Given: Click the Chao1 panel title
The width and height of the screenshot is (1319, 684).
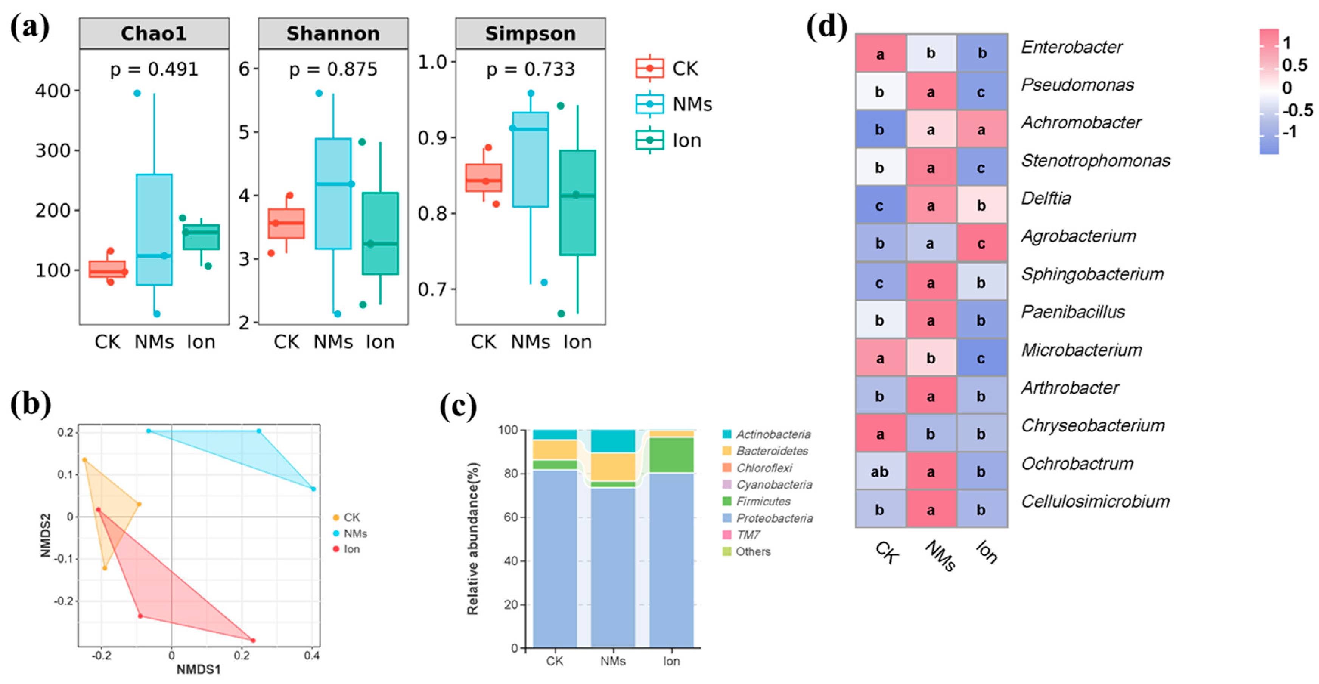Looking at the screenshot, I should [x=154, y=34].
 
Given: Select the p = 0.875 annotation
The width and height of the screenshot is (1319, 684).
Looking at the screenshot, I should [x=333, y=69].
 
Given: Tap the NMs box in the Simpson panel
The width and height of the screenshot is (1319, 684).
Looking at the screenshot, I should [x=531, y=160].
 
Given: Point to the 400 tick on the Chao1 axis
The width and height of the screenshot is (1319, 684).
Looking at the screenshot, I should [x=52, y=91].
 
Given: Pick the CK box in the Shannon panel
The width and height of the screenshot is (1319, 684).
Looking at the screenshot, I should [x=286, y=224].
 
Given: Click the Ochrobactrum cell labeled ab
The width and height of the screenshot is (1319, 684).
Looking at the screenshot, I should [x=880, y=471].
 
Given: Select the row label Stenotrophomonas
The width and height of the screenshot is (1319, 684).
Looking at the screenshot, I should [x=1096, y=161].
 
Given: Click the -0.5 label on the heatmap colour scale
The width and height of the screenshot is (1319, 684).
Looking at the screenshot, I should [x=1297, y=110].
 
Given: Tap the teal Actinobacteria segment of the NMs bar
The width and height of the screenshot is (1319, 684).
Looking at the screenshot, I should [x=613, y=441].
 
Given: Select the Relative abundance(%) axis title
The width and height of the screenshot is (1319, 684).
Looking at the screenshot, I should [x=473, y=539].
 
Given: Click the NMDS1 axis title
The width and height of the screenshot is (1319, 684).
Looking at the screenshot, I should [x=198, y=669].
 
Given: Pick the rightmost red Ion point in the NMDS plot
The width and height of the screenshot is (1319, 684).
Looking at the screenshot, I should [x=253, y=641].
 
